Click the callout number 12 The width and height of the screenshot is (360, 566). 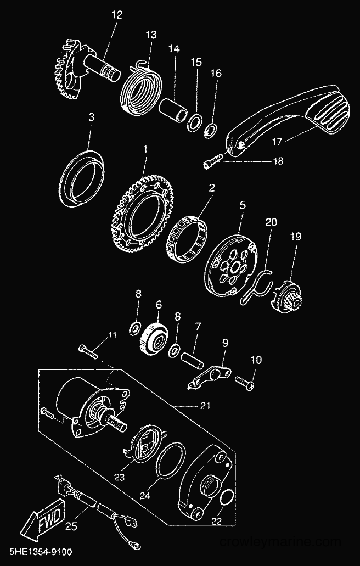(117, 15)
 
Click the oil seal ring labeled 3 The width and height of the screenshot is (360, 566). (81, 178)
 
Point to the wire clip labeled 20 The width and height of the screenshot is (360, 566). (255, 285)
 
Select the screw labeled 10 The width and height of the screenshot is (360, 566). (245, 382)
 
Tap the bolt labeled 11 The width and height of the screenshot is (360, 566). (88, 351)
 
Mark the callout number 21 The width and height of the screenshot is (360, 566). (205, 406)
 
